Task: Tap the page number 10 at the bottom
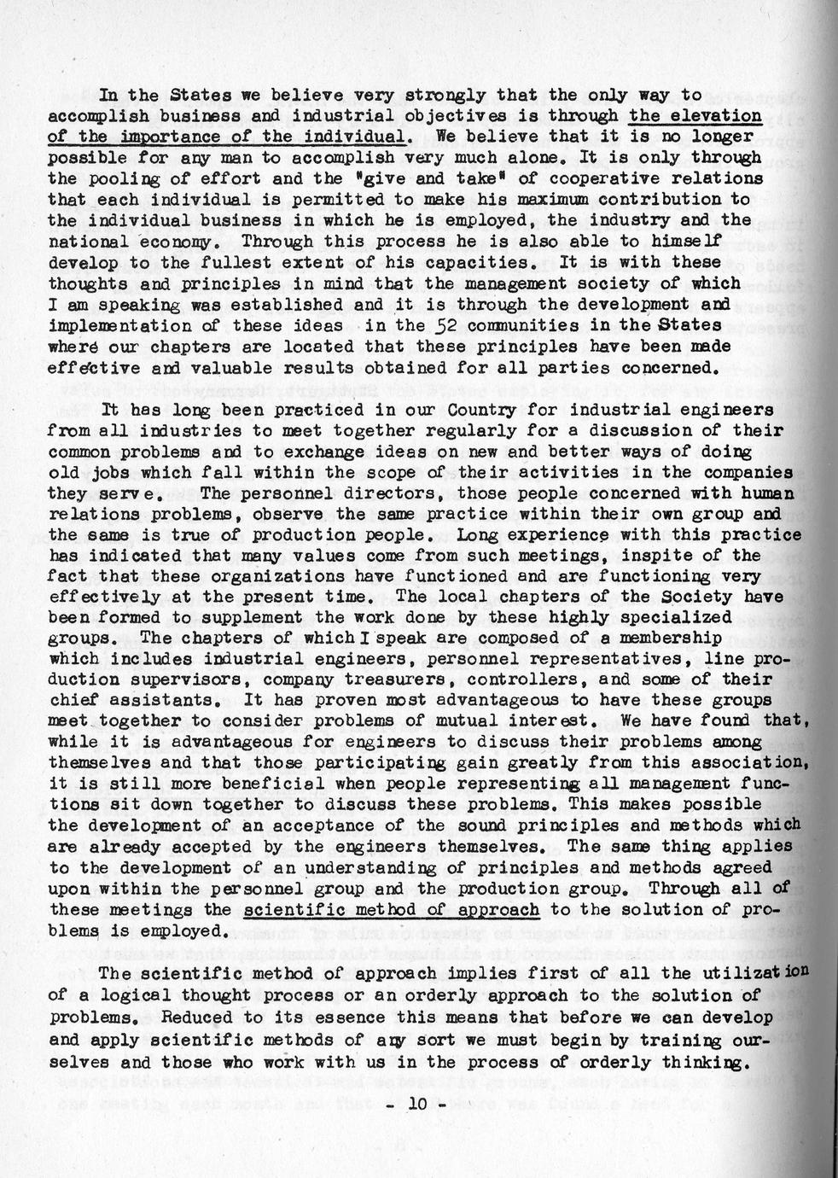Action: tap(416, 1103)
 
